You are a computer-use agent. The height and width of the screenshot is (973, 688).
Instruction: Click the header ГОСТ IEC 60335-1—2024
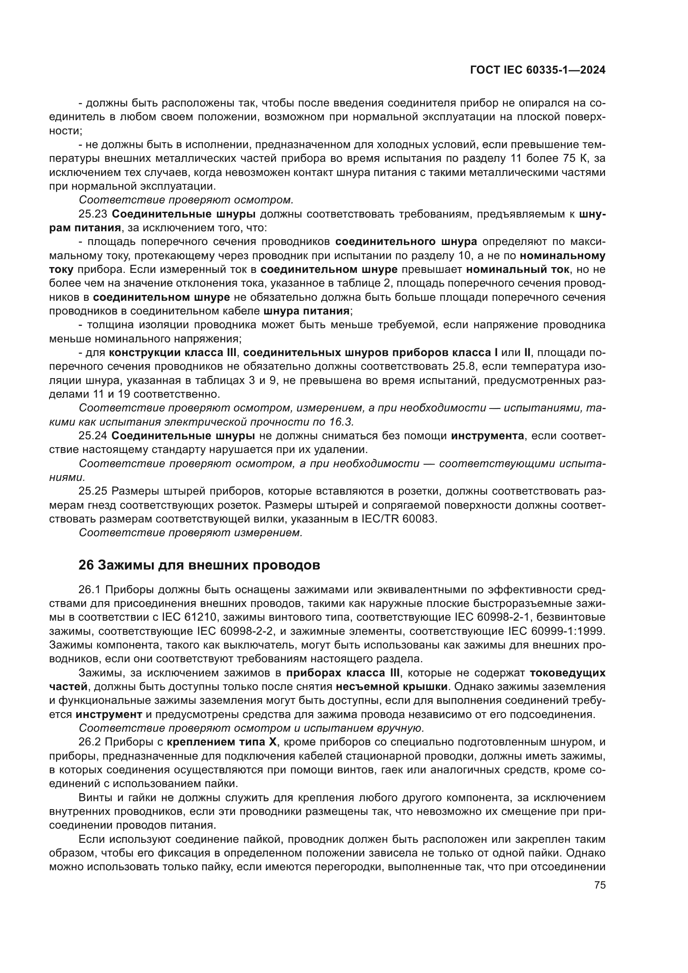point(537,70)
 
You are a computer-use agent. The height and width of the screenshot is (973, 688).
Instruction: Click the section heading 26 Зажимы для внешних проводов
point(199,565)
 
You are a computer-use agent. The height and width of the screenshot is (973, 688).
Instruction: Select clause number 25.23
point(92,214)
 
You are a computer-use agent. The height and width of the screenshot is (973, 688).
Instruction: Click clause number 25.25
point(92,491)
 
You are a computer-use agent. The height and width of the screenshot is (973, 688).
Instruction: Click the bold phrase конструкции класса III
point(173,353)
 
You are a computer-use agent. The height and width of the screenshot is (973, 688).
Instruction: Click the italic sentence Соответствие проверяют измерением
point(191,533)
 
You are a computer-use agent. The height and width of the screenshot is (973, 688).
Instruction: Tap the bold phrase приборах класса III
point(343,673)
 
